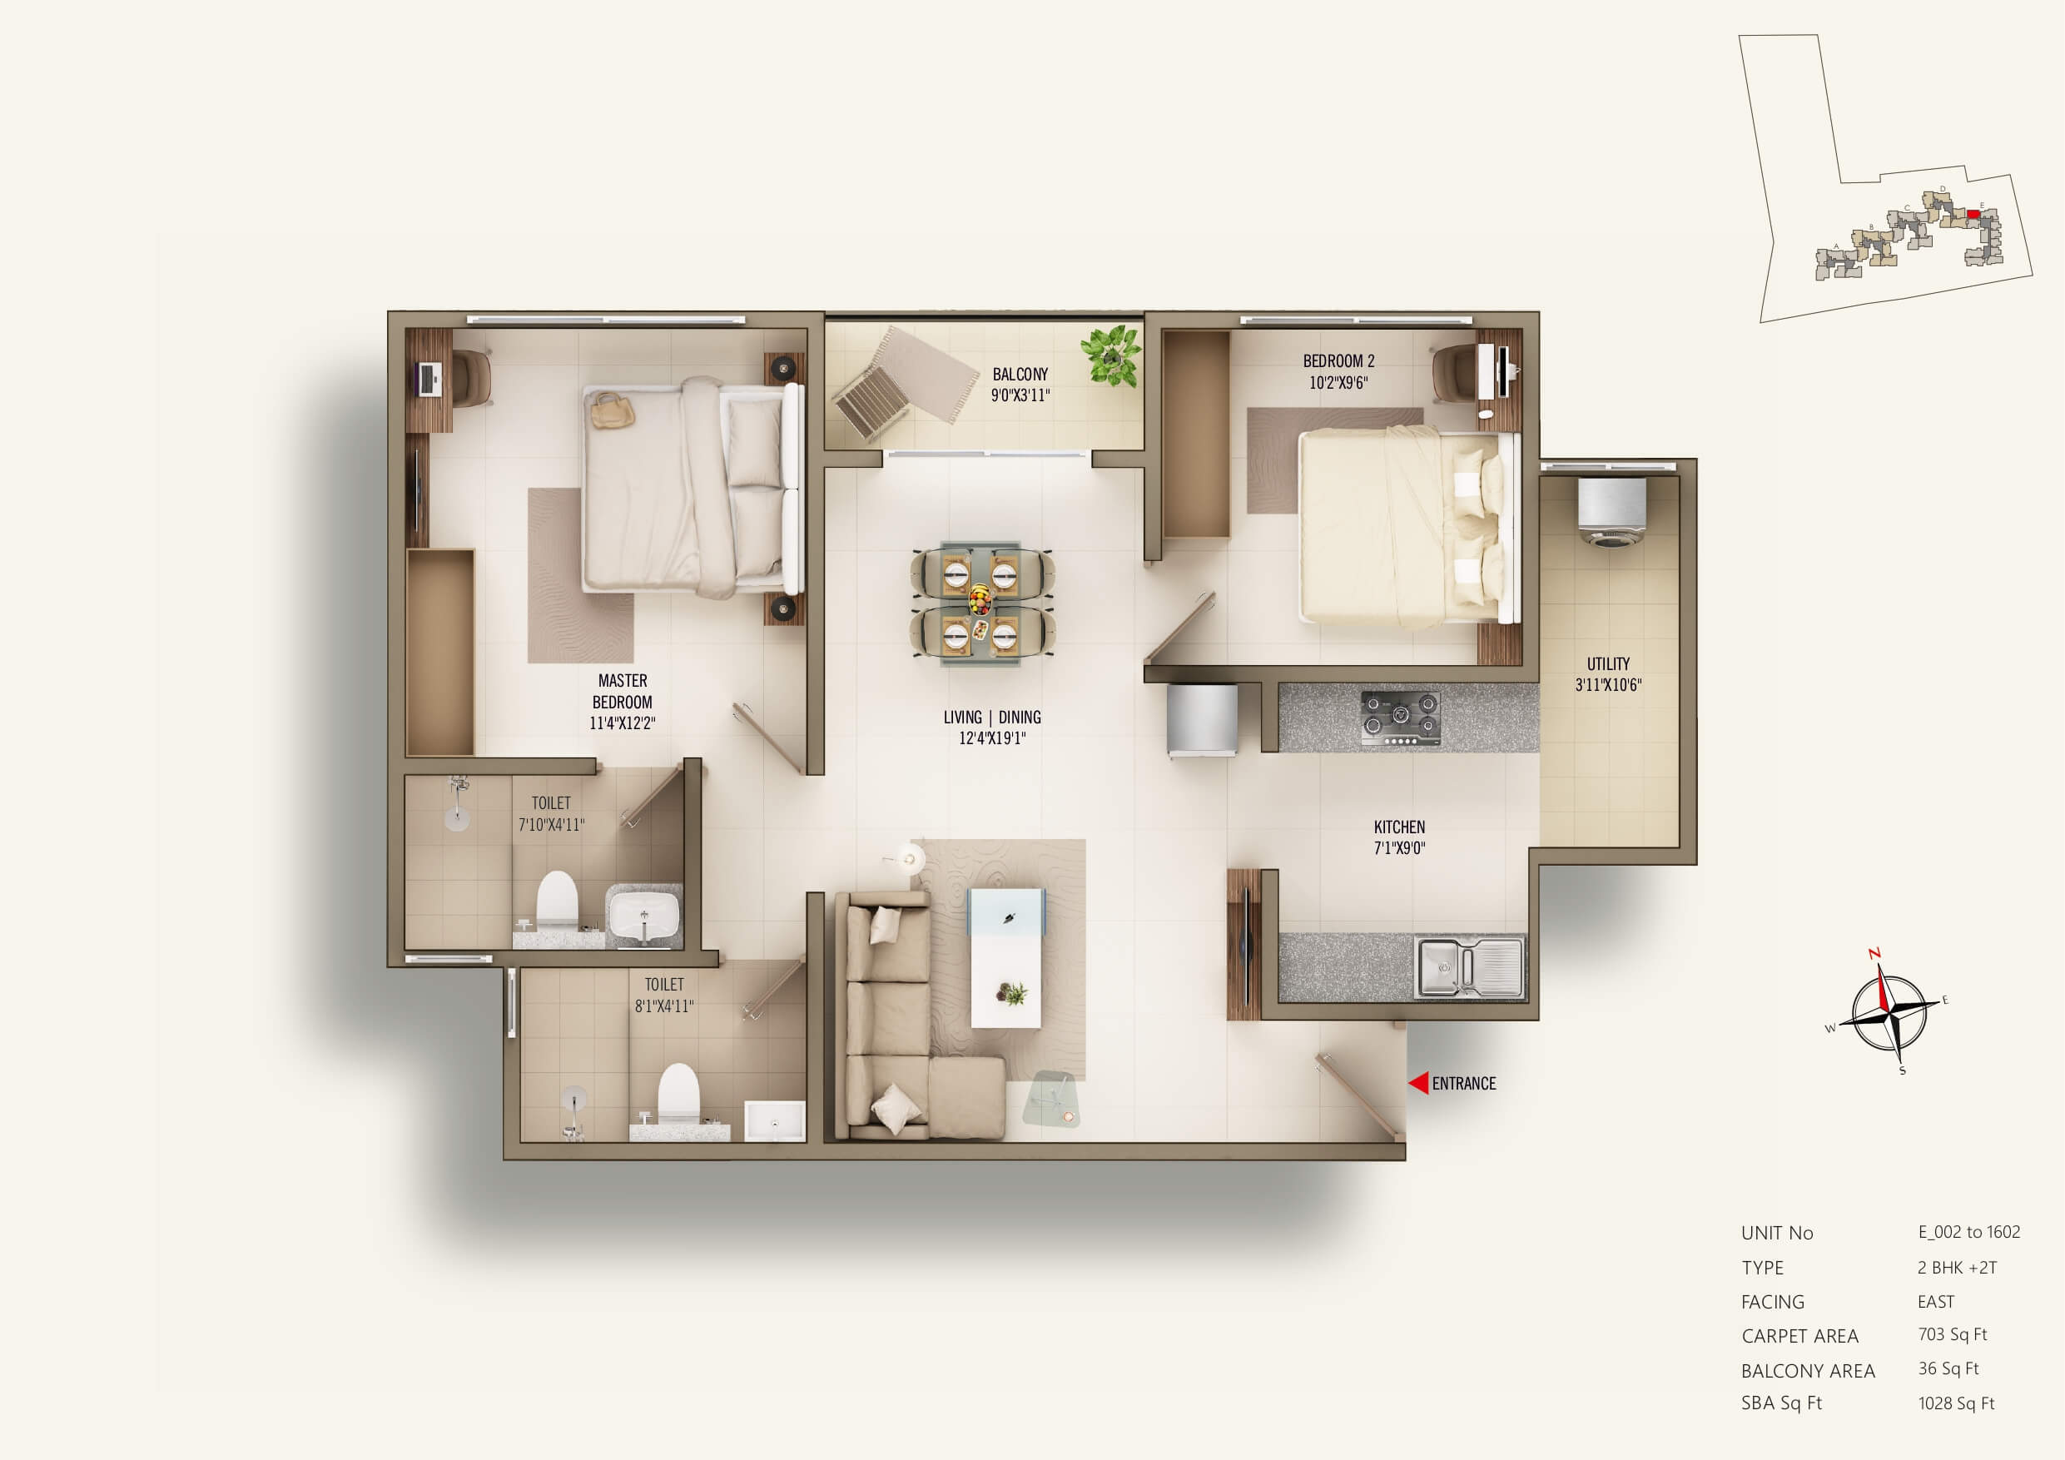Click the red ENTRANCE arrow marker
tap(1418, 1083)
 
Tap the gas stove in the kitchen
tap(1400, 718)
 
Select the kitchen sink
tap(1471, 967)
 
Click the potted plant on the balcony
tap(1112, 355)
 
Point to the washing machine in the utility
tap(1611, 511)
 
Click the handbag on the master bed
tap(613, 410)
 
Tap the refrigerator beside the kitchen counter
tap(1202, 721)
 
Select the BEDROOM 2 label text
tap(1338, 360)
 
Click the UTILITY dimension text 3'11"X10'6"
tap(1608, 684)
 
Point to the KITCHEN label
tap(1399, 827)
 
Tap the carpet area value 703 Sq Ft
tap(1953, 1335)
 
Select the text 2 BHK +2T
tap(1957, 1268)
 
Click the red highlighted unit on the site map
tap(1973, 214)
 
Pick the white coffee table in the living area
tap(1006, 958)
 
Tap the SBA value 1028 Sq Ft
tap(1956, 1403)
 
